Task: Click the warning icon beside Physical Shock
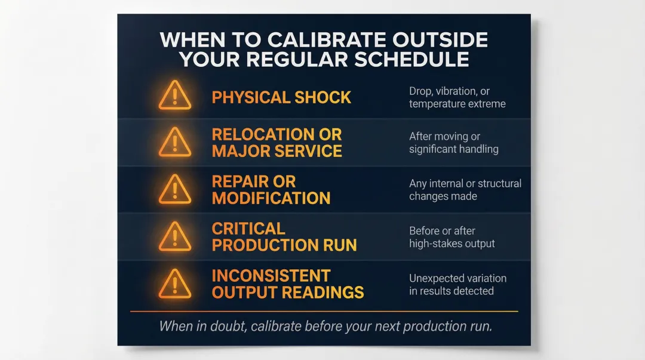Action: pos(174,96)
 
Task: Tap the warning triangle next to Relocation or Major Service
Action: pos(174,143)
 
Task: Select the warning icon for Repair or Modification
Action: pos(174,190)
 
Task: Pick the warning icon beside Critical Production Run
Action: pos(174,237)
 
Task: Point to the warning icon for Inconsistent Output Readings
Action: pos(174,284)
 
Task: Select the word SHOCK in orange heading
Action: pos(324,97)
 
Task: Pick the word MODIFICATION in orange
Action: pos(271,198)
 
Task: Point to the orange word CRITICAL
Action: pos(248,229)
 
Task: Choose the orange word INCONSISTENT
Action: pos(271,276)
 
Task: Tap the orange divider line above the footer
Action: pos(324,312)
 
